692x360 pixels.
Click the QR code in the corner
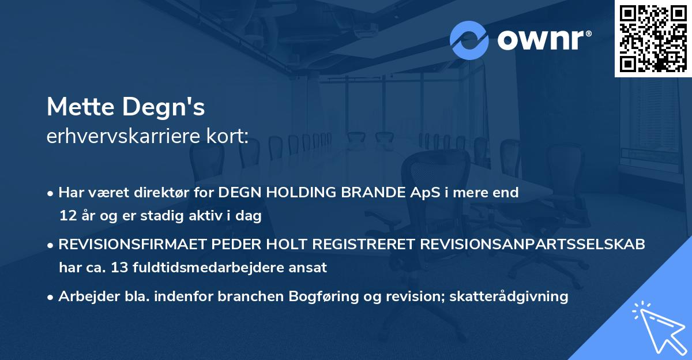pos(653,39)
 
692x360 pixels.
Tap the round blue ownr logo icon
pos(469,40)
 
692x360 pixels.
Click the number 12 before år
pos(68,215)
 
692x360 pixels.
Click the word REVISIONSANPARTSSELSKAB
pos(532,244)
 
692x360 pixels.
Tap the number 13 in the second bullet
pos(119,267)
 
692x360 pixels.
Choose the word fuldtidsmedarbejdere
pos(208,267)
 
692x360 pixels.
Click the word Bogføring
pos(324,297)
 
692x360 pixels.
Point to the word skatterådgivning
pos(509,297)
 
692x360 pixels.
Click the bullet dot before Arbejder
pos(50,298)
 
